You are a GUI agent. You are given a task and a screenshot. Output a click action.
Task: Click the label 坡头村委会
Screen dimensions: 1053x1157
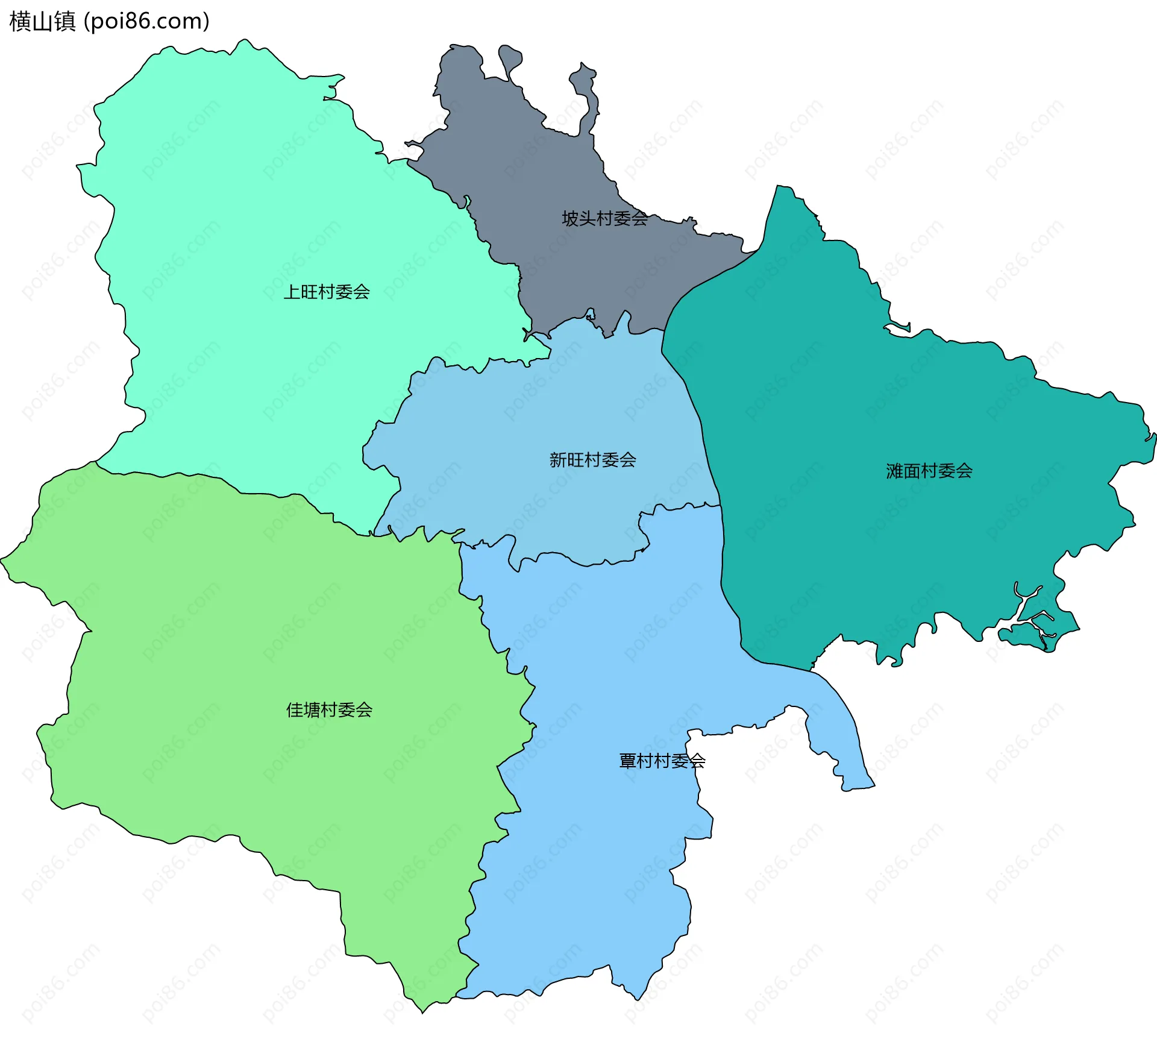[x=604, y=218]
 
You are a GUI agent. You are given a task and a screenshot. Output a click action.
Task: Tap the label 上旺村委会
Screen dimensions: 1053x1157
[x=327, y=292]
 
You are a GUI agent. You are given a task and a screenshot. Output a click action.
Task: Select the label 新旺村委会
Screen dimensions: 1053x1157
[x=592, y=460]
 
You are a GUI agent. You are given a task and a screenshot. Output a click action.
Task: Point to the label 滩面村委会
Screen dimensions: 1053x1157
[x=929, y=471]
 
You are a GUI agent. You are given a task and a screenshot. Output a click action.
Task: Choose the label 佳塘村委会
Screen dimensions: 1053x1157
[x=329, y=710]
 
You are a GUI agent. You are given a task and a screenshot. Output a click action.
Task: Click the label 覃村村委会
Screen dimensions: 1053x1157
[x=662, y=761]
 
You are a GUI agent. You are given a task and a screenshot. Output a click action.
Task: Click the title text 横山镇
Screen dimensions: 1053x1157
[x=42, y=21]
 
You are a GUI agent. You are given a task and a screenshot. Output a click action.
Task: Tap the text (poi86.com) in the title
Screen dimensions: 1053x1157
[x=146, y=21]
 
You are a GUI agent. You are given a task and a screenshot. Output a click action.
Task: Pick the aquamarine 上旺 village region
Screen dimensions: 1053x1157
[x=241, y=211]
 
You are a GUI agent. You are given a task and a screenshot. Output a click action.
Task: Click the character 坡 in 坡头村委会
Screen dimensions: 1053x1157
[x=570, y=218]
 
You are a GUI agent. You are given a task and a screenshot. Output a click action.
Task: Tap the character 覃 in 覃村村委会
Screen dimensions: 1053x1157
[x=627, y=761]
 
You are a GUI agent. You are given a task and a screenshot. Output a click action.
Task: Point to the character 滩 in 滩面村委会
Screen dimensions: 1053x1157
[x=894, y=471]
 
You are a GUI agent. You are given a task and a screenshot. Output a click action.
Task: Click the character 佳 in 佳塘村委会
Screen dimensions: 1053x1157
[x=295, y=710]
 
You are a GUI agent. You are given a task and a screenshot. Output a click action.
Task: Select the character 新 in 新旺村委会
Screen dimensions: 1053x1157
[x=558, y=460]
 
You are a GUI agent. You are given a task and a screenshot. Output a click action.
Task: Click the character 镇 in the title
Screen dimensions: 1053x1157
[x=64, y=21]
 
